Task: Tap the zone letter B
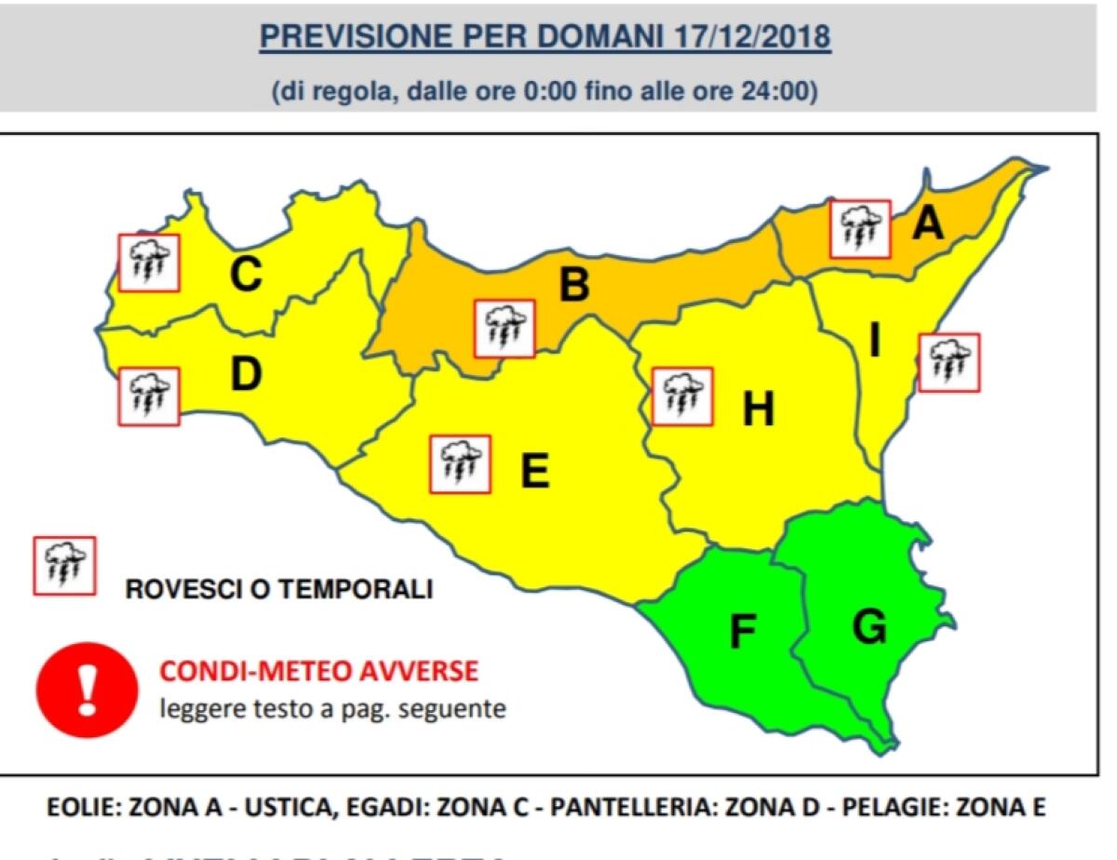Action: click(x=574, y=284)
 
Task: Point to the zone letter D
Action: click(x=246, y=374)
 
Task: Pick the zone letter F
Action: click(x=741, y=632)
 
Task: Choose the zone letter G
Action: click(x=869, y=627)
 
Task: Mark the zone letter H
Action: click(x=758, y=409)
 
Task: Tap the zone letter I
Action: click(x=874, y=343)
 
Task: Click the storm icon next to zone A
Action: click(x=861, y=229)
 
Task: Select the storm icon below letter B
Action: click(x=505, y=328)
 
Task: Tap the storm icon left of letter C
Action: click(x=149, y=262)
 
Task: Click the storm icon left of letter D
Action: click(x=149, y=396)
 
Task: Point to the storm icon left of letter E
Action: click(x=460, y=464)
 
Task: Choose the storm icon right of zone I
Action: click(x=949, y=362)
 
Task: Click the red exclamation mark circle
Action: click(x=87, y=690)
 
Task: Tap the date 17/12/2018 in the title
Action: click(x=749, y=37)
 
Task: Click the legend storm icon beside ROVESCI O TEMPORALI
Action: click(x=64, y=565)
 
